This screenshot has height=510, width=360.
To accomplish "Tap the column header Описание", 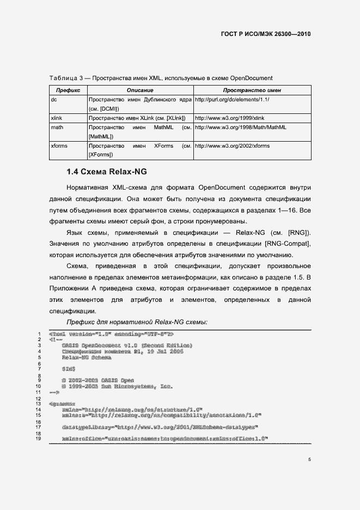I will pos(140,90).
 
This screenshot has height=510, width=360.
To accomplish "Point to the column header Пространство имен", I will pos(252,90).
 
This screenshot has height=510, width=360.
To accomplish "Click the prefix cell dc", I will pos(54,100).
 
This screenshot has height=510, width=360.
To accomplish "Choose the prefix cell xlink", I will pos(57,118).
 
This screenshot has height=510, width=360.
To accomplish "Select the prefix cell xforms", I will pos(59,146).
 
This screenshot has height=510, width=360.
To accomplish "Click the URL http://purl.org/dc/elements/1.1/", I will pos(233,100).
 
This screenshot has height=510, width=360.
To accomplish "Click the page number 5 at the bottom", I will pos(309,459).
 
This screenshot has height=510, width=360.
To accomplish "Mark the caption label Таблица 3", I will pos(68,78).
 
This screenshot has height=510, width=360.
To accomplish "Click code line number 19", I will pos(38,439).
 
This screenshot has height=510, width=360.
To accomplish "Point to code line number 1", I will pos(39,334).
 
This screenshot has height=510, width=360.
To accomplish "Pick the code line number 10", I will pos(38,386).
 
